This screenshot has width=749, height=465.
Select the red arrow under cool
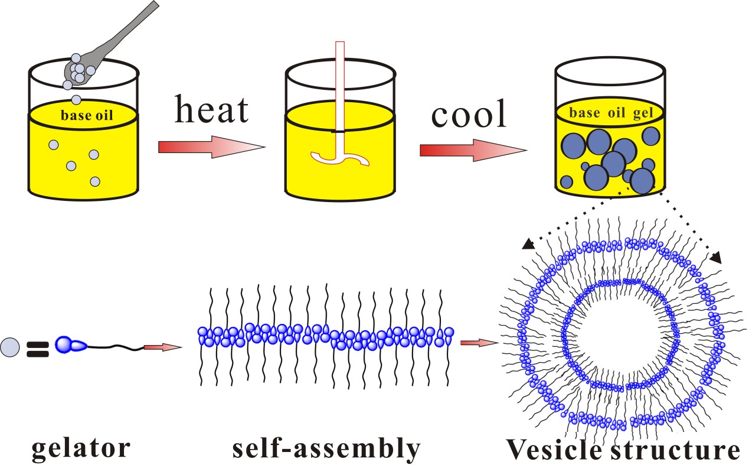[472, 151]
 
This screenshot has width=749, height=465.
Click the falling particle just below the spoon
[76, 99]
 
